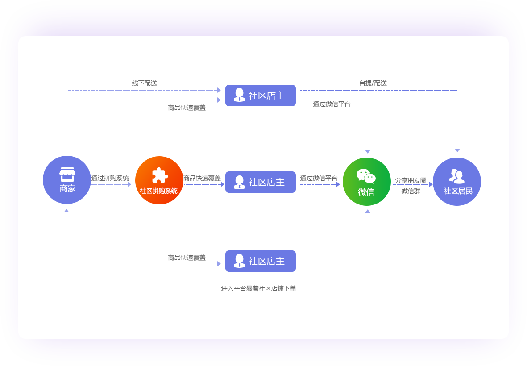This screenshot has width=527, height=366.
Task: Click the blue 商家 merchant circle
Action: coord(67,180)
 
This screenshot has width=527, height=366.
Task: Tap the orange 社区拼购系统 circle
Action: coord(159,180)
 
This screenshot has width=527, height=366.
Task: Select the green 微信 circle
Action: coord(367,182)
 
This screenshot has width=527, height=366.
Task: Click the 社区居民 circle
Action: coord(457,182)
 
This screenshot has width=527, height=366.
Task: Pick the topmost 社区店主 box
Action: coord(261,96)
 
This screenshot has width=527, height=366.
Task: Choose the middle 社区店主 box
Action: coord(261,182)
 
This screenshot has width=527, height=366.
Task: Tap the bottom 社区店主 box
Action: coord(261,261)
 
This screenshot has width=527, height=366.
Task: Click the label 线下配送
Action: coord(145,83)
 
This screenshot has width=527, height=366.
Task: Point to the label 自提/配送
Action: coord(373,83)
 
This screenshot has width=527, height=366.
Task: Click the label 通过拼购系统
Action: coord(110,178)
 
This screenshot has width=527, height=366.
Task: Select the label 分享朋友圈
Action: coord(411,180)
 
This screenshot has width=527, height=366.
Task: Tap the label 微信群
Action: coord(411,191)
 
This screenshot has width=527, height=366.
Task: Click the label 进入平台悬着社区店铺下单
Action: coord(259,288)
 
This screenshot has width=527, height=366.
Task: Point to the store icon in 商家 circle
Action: coord(67,174)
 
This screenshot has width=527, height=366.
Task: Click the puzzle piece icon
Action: coord(159,175)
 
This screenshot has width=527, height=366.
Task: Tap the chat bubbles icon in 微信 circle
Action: coord(366,176)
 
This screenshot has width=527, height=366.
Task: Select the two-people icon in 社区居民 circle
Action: coord(457,176)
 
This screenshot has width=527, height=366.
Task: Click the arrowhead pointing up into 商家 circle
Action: coord(66,210)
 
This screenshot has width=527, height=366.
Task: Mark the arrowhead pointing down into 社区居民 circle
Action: coord(457,150)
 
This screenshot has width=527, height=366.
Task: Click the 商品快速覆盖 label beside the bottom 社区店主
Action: coord(187,258)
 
